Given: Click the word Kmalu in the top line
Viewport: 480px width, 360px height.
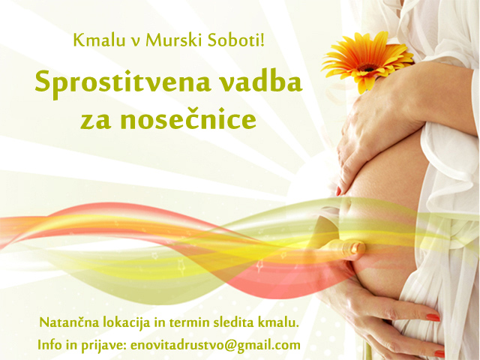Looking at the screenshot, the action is (x=99, y=40).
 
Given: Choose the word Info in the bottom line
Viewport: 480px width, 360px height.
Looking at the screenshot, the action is (x=49, y=345).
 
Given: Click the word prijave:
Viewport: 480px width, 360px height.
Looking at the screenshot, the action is (x=103, y=346).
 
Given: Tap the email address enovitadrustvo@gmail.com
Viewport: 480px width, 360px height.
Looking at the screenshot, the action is (x=215, y=346).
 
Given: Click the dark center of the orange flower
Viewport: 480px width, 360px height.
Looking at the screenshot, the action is (x=367, y=67).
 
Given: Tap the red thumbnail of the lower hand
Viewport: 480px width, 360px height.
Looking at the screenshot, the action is (x=433, y=317).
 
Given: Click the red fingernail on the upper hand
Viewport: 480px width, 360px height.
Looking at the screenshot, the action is (x=338, y=191).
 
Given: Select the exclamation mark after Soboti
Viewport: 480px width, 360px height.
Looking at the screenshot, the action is (x=262, y=40).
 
